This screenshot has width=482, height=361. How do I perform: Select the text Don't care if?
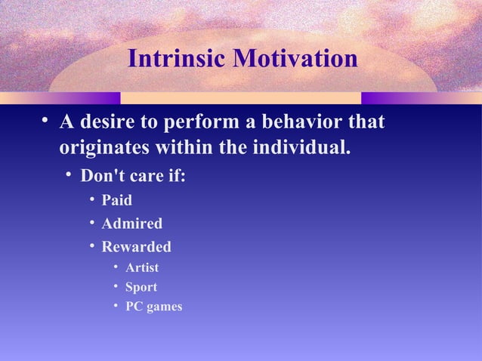click(133, 176)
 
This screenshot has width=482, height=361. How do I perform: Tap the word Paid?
click(117, 200)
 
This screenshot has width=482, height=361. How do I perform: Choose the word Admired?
click(131, 224)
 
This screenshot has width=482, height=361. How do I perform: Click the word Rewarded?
click(136, 247)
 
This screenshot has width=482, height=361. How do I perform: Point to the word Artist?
click(142, 268)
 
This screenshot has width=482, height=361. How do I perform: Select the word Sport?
click(141, 288)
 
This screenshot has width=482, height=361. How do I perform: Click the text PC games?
click(153, 307)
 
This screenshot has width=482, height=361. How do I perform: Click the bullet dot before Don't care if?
click(67, 175)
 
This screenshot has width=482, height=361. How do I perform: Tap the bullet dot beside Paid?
click(91, 199)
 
